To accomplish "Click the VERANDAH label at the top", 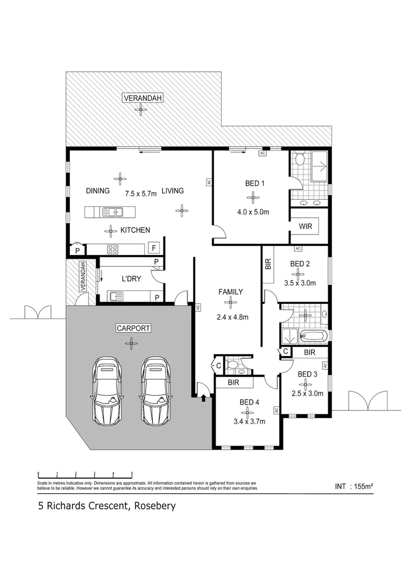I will point(142,98).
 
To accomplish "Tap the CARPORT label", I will point(132,328).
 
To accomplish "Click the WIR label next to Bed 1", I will point(305,226).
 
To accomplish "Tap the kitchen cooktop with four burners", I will point(114,249).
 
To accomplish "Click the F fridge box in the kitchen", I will point(154,249).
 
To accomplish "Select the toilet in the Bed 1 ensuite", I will point(300,159).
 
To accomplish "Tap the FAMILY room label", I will point(230,292).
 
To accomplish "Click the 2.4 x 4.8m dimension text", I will point(232,317).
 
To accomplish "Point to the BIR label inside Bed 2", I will point(268,264).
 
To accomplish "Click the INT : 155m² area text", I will point(353,486).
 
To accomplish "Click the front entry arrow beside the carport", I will point(203,399).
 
